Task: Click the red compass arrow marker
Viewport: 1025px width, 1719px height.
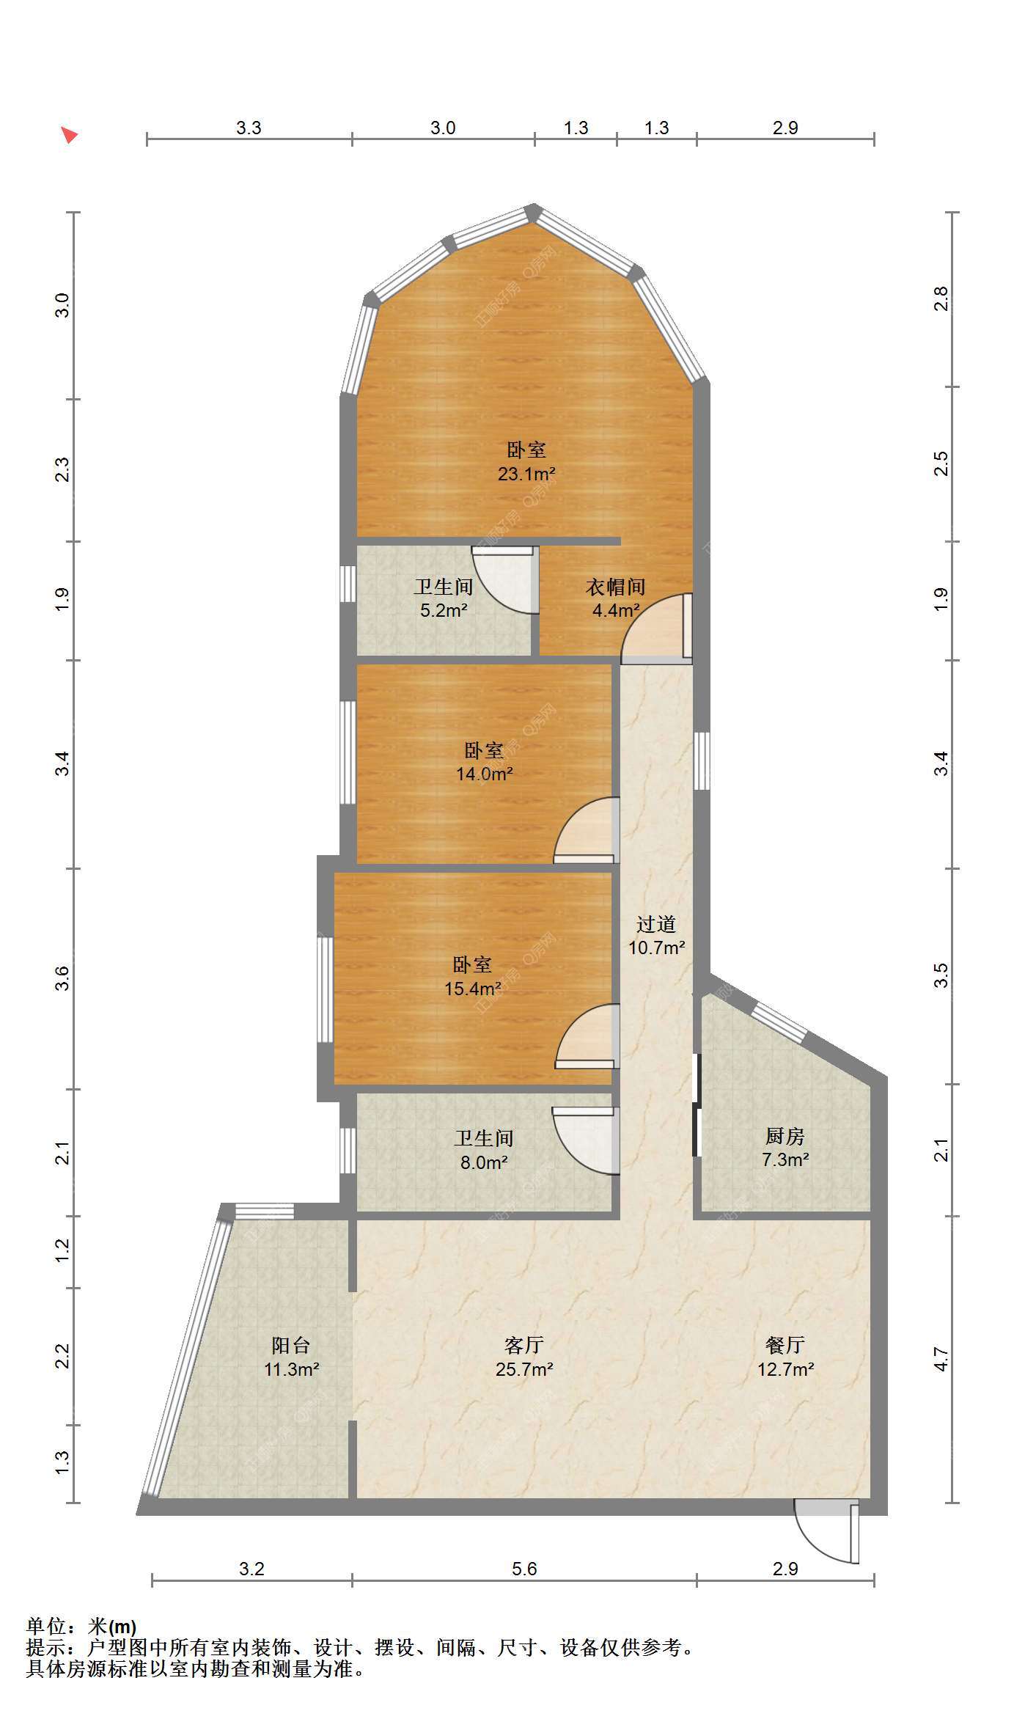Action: pos(70,135)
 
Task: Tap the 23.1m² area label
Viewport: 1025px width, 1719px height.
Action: pos(526,474)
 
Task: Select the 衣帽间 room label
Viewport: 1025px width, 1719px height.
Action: pos(615,587)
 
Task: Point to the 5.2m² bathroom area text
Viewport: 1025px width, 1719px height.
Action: pos(444,610)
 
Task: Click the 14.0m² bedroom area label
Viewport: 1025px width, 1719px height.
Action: pos(484,774)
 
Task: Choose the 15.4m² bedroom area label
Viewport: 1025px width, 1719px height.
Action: pos(473,989)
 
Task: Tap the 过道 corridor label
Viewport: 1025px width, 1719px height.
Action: pos(656,924)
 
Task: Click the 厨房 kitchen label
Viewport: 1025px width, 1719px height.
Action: pos(785,1137)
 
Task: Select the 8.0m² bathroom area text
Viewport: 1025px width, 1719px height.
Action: pos(484,1162)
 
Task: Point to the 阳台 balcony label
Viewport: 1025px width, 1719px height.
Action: pos(291,1345)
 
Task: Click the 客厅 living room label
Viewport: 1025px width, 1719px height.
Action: pos(524,1345)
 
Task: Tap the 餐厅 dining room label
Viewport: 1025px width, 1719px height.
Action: pos(785,1345)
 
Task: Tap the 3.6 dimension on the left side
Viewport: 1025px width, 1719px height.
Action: pos(62,978)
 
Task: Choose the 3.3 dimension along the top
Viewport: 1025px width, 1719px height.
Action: pos(249,128)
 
